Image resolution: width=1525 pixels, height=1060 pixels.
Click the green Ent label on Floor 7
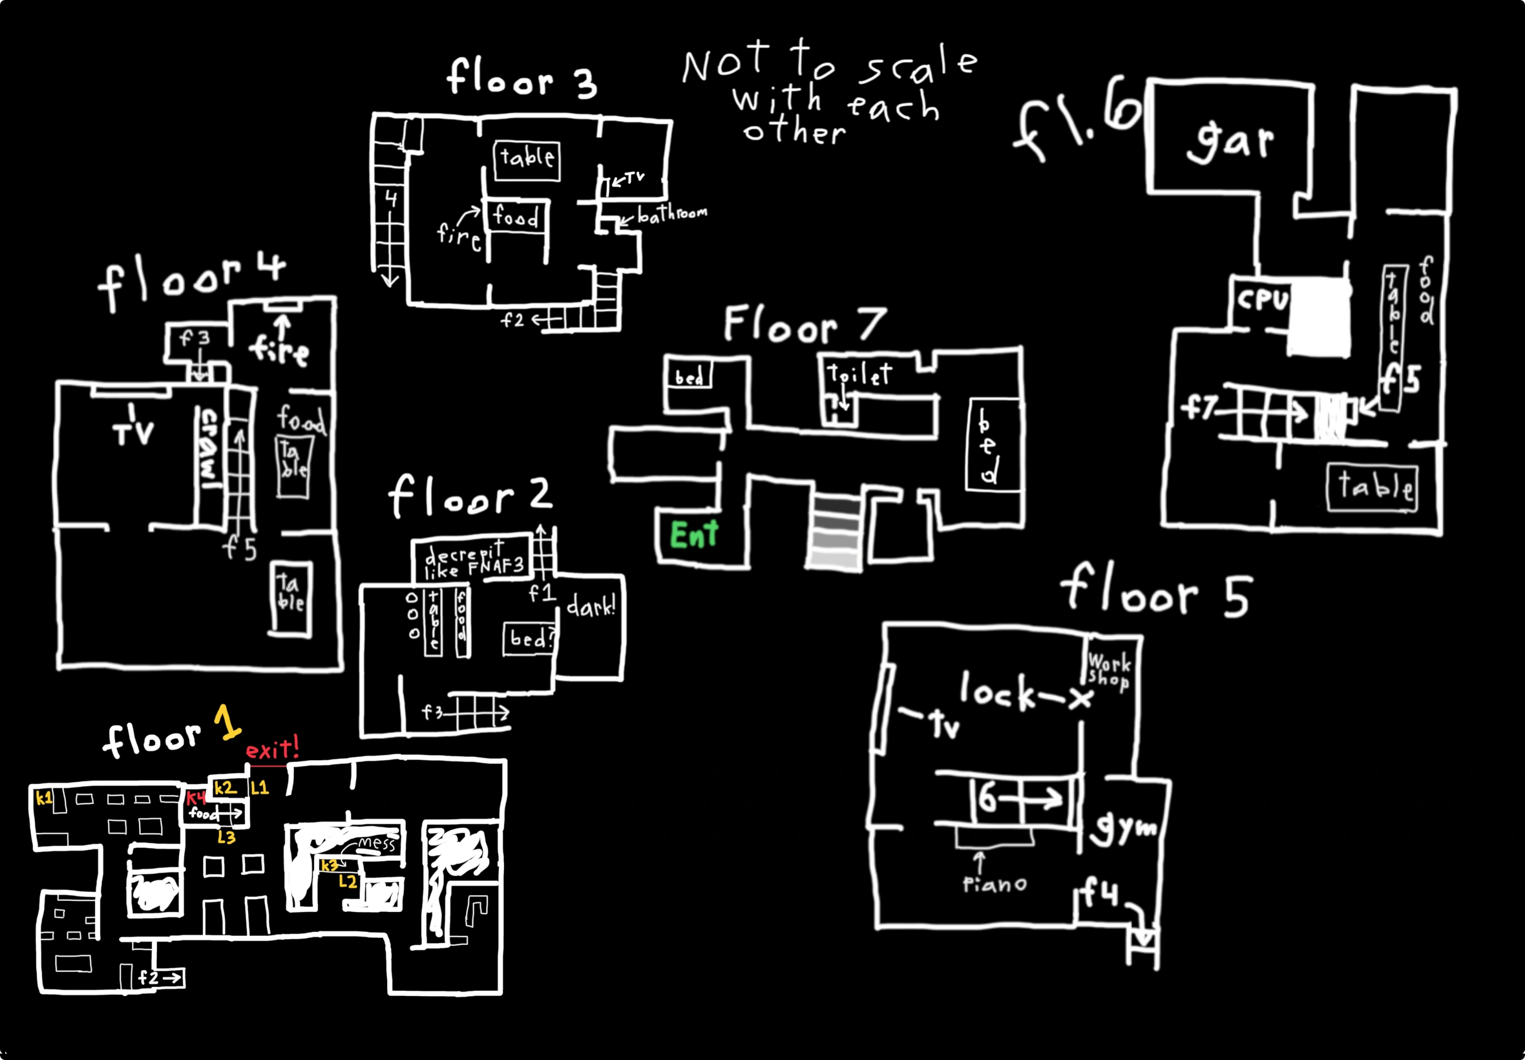click(694, 535)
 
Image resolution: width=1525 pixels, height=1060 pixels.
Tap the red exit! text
click(272, 750)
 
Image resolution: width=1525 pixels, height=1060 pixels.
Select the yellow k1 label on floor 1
click(44, 798)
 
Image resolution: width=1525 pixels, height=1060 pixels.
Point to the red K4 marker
click(196, 798)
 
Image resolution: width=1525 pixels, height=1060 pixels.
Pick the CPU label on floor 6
click(1262, 299)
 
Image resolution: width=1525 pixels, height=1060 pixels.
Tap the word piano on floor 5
click(994, 885)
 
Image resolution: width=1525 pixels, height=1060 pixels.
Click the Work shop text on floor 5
click(1109, 672)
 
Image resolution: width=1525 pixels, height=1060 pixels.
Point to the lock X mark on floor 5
click(1080, 699)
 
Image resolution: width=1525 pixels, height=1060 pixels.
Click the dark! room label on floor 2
click(591, 606)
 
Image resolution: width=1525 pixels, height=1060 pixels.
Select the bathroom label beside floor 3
click(672, 214)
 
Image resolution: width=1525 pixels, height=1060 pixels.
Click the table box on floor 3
click(527, 160)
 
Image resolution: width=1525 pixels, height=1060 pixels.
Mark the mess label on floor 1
click(377, 843)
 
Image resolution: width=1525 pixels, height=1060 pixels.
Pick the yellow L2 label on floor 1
click(348, 882)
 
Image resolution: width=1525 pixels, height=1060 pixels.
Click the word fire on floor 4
click(279, 351)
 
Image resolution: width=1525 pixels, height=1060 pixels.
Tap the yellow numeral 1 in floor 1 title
click(227, 723)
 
